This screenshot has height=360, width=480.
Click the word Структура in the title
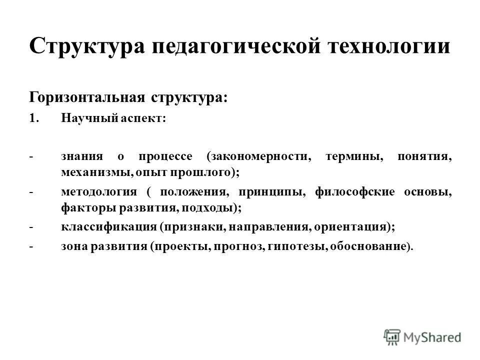click(85, 47)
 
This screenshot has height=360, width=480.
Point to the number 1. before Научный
click(34, 118)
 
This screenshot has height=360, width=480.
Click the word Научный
click(89, 118)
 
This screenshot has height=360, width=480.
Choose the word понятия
click(424, 156)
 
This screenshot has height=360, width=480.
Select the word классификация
click(108, 226)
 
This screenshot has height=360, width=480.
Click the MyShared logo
click(422, 336)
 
